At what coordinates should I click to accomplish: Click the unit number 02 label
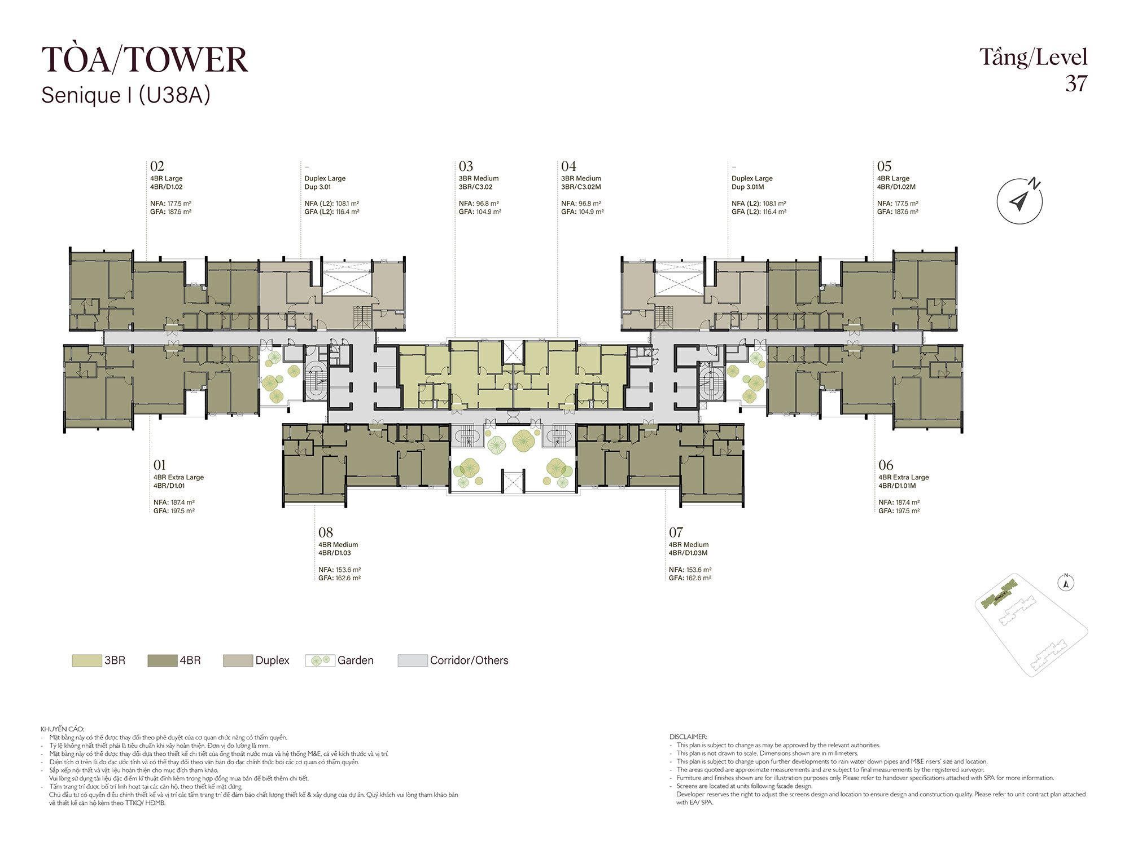click(157, 166)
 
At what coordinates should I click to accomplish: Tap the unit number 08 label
click(326, 532)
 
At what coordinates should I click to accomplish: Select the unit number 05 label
click(884, 166)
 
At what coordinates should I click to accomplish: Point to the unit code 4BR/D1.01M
click(897, 486)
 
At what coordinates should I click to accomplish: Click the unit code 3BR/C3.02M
click(581, 187)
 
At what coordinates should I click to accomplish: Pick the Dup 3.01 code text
click(318, 187)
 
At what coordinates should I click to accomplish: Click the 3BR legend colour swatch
click(87, 660)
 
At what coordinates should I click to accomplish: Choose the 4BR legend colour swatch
click(163, 660)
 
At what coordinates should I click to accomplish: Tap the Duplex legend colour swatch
click(238, 660)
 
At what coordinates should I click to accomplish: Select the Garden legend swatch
click(320, 660)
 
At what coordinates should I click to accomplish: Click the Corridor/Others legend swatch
click(413, 660)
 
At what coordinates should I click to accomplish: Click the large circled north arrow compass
click(1019, 201)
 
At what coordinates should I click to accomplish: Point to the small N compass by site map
click(1066, 583)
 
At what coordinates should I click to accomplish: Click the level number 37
click(1077, 83)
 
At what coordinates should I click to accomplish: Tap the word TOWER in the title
click(186, 60)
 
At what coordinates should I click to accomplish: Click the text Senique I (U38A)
click(126, 95)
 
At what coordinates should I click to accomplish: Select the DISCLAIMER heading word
click(688, 737)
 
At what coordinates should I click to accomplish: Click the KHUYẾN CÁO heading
click(62, 729)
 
